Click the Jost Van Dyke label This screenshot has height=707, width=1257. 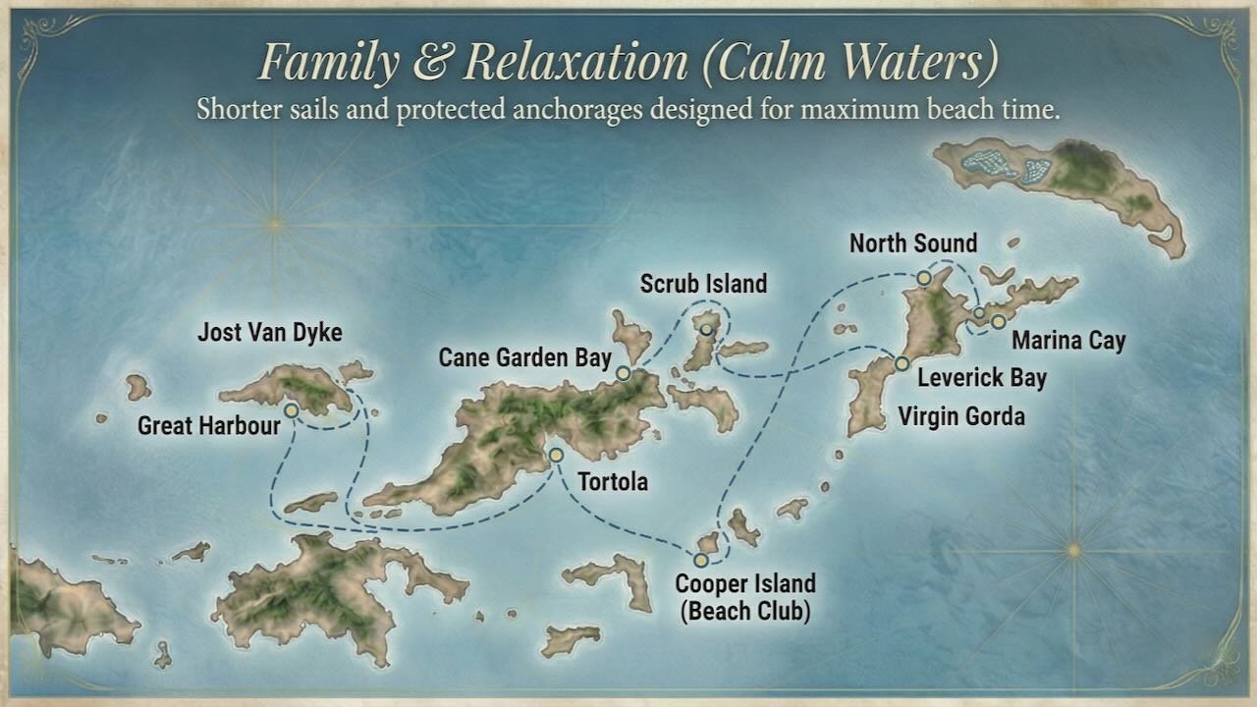tap(269, 332)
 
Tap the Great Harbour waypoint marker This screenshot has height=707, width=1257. tap(292, 410)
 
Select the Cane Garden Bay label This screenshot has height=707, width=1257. tap(524, 357)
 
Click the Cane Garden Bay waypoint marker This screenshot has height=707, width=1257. tap(623, 373)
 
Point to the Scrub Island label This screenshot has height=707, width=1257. tap(703, 285)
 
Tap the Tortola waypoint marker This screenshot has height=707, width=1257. tap(556, 455)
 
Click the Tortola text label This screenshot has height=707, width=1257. tap(613, 482)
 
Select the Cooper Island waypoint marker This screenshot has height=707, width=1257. tap(700, 560)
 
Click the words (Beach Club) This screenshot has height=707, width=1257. tap(744, 612)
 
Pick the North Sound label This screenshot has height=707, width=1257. tap(913, 243)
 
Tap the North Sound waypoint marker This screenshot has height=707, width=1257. tap(924, 279)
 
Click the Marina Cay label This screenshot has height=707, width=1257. tap(1068, 342)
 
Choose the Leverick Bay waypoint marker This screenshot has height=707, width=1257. tap(902, 363)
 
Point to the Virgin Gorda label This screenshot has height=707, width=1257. tap(961, 416)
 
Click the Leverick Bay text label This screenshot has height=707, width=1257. tap(982, 377)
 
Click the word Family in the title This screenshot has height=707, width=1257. tap(328, 63)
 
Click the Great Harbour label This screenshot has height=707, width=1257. tap(208, 426)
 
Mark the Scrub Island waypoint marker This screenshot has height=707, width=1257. tap(705, 329)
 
